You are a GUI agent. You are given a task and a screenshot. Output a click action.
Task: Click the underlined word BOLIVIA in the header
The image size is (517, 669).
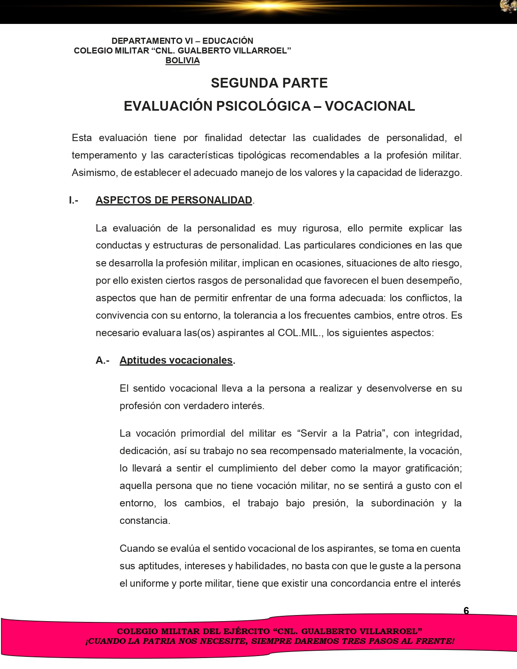(x=182, y=60)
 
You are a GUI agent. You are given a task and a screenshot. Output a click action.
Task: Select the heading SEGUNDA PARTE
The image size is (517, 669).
(x=269, y=83)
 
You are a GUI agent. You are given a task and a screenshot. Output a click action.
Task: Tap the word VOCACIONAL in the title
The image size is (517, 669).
(x=370, y=106)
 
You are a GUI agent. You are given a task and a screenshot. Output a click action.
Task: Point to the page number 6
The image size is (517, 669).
(x=466, y=611)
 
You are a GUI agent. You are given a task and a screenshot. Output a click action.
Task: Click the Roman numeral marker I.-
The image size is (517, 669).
(x=73, y=200)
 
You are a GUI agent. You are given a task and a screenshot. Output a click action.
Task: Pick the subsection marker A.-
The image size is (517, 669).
(x=103, y=360)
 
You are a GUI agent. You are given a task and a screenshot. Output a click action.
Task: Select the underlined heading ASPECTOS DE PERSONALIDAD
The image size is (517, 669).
(x=174, y=200)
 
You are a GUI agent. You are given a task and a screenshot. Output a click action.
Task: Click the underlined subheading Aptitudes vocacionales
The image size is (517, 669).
(x=176, y=360)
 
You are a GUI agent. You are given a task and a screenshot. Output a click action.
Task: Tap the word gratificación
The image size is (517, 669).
(x=433, y=468)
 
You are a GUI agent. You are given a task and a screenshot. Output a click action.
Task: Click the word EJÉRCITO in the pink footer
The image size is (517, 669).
(x=247, y=631)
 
